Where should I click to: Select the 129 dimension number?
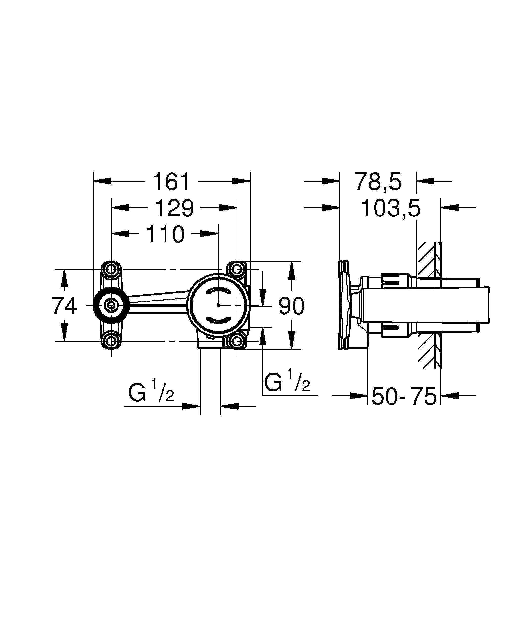175,208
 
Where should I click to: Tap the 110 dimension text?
165,235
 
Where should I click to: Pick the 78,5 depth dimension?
378,182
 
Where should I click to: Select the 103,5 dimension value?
390,208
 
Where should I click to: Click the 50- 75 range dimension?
404,396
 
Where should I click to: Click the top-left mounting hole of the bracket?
111,270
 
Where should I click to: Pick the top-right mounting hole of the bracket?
237,270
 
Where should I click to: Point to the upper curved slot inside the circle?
219,291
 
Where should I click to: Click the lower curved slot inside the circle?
219,320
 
